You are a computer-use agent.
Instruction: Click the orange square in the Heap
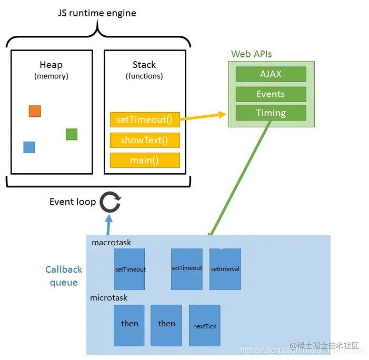35,111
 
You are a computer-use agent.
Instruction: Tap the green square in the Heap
72,134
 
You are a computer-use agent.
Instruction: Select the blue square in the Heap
29,147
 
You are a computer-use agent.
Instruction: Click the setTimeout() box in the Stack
145,119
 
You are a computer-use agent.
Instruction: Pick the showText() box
145,140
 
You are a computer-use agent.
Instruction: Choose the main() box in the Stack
145,160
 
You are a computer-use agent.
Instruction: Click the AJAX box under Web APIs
271,74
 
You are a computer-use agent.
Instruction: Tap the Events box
271,94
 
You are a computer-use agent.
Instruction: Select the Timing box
271,113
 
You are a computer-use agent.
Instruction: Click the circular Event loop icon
111,202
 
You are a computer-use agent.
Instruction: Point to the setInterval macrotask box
225,269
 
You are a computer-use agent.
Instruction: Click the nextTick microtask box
205,325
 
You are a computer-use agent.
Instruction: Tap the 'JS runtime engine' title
97,13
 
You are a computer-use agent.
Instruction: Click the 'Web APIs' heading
252,54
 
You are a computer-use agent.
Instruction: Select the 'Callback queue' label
64,276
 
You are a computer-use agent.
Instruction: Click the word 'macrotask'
111,243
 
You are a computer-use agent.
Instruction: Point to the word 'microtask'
109,297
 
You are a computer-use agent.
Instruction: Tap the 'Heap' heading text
51,65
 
